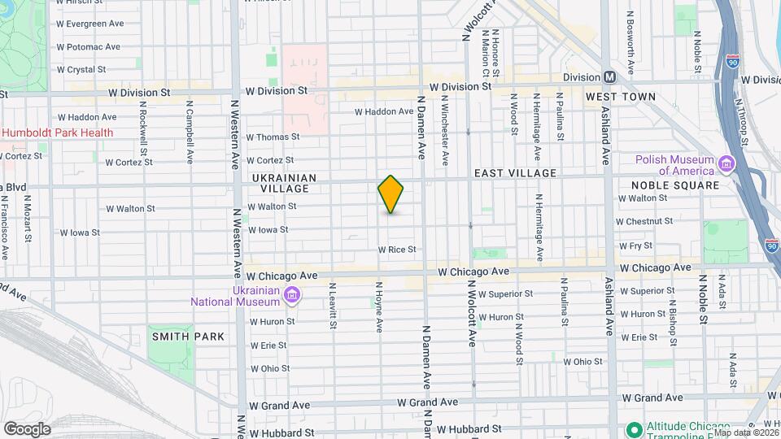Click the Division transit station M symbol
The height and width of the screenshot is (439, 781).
[609, 76]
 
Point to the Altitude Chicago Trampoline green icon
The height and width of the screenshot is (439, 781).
[633, 428]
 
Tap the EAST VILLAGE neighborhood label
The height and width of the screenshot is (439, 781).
[515, 173]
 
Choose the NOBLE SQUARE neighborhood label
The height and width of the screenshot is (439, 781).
[675, 185]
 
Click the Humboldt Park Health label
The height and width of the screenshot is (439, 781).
[57, 133]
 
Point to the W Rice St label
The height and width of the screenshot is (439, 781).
[396, 250]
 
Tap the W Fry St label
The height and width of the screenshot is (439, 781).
[635, 246]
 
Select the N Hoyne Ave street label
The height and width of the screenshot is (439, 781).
[379, 307]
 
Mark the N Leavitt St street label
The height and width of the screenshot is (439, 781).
[332, 306]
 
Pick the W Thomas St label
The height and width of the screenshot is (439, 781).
[273, 137]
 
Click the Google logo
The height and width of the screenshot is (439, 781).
[27, 428]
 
